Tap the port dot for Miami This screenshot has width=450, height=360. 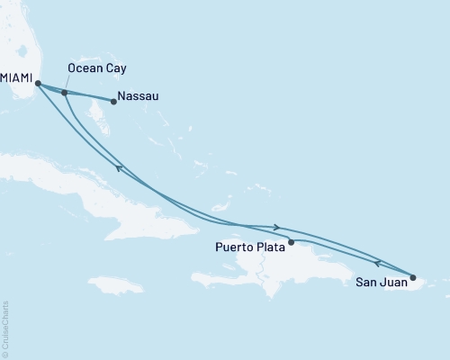click(x=38, y=85)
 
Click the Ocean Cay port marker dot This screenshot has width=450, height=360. click(x=64, y=93)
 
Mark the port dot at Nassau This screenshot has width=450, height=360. click(x=112, y=101)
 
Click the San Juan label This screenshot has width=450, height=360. click(x=370, y=283)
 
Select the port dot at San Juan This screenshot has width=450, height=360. click(x=413, y=278)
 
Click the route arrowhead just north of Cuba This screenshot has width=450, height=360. click(x=119, y=167)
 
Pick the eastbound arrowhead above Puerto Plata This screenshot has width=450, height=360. click(x=276, y=227)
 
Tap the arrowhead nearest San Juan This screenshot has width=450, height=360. click(x=378, y=264)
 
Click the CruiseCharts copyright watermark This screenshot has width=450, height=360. click(x=6, y=329)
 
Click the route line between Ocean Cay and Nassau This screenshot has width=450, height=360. click(x=88, y=97)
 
